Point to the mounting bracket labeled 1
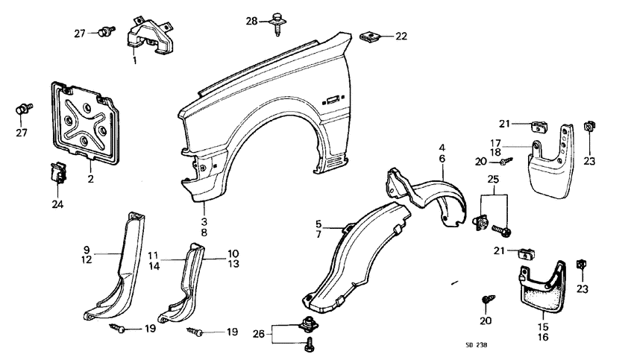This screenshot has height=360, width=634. pyautogui.click(x=151, y=35)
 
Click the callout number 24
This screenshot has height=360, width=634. pyautogui.click(x=57, y=204)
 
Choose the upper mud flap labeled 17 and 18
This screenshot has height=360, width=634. pyautogui.click(x=552, y=156)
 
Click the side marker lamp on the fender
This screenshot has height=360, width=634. pyautogui.click(x=332, y=98)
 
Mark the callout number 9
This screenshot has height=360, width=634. pyautogui.click(x=87, y=250)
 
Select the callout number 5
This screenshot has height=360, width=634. pyautogui.click(x=318, y=224)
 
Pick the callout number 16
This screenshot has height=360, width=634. pyautogui.click(x=542, y=337)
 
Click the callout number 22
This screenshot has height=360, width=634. pyautogui.click(x=401, y=36)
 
